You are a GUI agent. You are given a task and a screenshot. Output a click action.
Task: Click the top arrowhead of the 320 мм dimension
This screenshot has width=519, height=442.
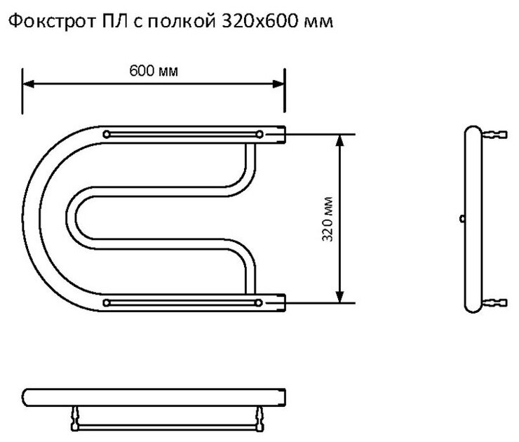point(341,139)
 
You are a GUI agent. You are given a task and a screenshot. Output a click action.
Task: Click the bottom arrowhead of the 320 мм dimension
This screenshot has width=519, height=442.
point(341,297)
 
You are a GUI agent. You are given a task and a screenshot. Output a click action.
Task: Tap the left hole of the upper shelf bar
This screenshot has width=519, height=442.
point(106,133)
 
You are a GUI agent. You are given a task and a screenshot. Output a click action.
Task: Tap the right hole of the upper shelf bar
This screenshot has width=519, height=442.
point(259,133)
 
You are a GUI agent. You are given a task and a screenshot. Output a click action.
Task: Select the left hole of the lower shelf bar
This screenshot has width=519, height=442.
point(106,302)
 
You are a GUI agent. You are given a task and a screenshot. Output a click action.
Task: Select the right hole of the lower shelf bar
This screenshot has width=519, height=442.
point(259,302)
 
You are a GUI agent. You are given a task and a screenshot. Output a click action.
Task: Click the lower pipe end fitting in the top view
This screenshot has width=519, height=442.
point(281,302)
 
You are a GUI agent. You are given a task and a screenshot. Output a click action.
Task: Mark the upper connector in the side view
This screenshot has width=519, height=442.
point(496,134)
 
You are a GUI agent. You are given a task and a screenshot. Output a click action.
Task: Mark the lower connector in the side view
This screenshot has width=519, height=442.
point(496,302)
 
